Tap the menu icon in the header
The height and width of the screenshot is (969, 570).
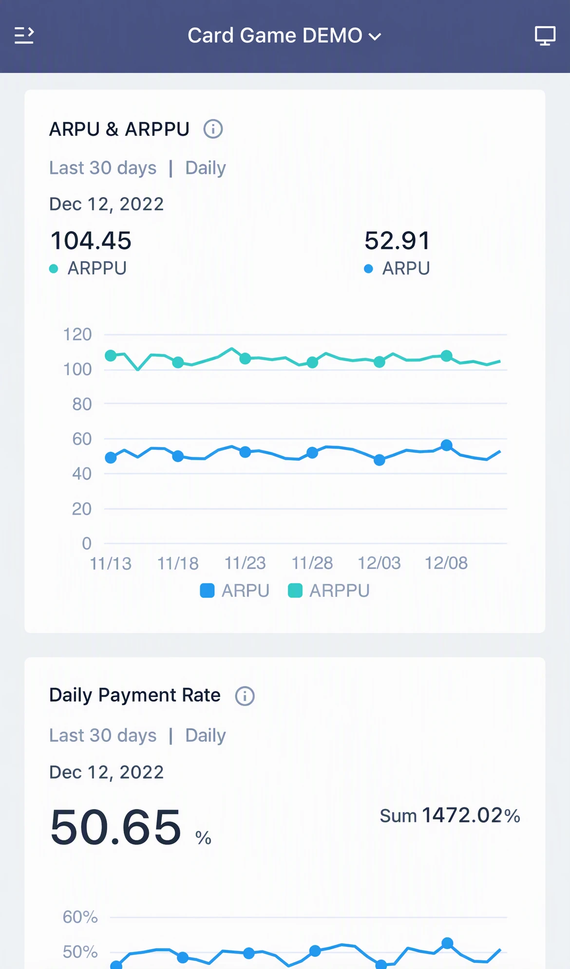click(x=24, y=36)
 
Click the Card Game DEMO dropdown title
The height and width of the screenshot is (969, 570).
click(x=285, y=36)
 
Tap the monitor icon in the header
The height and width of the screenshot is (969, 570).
click(x=545, y=36)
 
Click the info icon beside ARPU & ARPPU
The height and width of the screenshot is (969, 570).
click(x=213, y=129)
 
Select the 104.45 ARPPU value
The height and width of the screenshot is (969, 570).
click(x=91, y=241)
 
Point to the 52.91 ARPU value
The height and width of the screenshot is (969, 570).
click(x=397, y=241)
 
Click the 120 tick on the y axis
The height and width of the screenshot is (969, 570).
click(x=77, y=335)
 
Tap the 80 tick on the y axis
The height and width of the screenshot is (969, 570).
click(x=82, y=404)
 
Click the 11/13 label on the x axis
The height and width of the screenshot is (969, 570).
click(x=111, y=563)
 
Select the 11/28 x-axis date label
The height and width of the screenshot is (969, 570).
click(x=312, y=563)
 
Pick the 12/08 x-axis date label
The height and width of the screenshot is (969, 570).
click(x=446, y=563)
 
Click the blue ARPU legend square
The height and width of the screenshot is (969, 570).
click(x=207, y=591)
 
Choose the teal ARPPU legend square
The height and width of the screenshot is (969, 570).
click(x=295, y=591)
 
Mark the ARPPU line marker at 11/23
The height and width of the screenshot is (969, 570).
click(x=245, y=358)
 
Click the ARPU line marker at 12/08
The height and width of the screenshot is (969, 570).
click(x=446, y=445)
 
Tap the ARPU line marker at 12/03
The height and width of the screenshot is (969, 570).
click(x=380, y=460)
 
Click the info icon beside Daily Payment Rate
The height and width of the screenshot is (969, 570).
click(x=245, y=696)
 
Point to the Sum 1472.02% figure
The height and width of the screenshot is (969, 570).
click(x=450, y=816)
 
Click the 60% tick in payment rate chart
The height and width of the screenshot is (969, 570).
click(x=80, y=917)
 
